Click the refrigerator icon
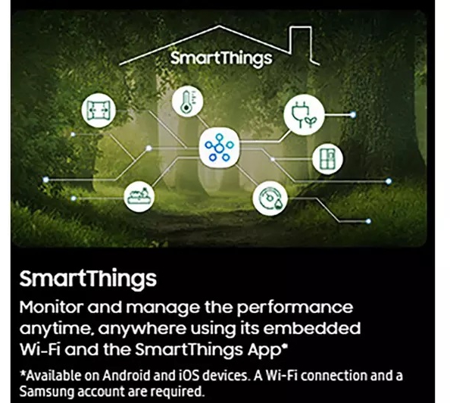tap(328, 158)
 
